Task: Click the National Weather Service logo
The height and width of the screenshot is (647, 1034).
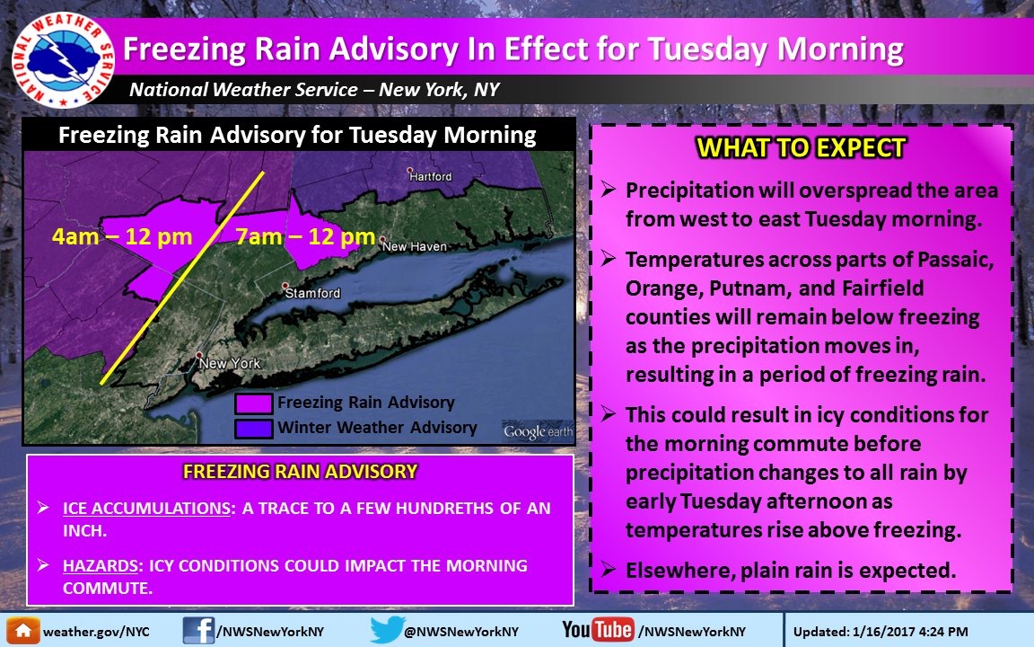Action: coord(64,60)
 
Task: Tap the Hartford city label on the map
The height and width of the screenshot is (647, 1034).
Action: coord(431,176)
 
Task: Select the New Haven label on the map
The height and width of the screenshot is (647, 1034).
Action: coord(414,246)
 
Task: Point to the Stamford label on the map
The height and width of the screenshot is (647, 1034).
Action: coord(312,292)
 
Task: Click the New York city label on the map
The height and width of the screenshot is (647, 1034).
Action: coord(230,363)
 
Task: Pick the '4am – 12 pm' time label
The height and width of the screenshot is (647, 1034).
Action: coord(122,236)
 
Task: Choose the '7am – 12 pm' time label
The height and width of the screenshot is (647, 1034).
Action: coord(305,236)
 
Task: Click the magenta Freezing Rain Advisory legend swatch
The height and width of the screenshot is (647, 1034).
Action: coord(254,403)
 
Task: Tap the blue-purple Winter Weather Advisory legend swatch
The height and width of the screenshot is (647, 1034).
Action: coord(254,429)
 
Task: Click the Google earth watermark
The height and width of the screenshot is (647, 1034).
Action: coord(539,431)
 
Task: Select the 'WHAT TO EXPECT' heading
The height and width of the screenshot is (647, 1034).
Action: coord(802,148)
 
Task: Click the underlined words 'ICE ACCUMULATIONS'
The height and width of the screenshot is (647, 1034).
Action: coord(146,509)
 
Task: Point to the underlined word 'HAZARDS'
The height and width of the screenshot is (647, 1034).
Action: coord(101,566)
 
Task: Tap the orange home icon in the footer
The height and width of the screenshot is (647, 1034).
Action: coord(23,631)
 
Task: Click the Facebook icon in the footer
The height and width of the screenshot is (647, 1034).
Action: coord(198,631)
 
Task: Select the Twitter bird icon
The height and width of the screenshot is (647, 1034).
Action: coord(387,629)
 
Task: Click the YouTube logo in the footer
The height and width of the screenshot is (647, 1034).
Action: coord(598,630)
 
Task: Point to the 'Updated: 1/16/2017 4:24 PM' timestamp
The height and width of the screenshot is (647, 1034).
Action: coord(881,632)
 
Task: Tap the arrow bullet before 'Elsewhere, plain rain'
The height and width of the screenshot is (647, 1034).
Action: coord(608,569)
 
